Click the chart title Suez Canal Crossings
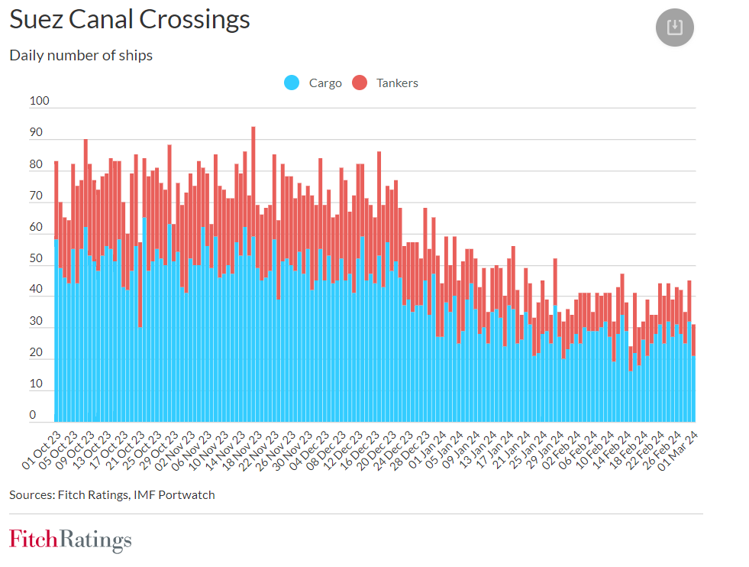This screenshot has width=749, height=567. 130,20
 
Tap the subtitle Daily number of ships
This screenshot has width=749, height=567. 81,56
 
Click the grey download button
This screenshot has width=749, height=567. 674,28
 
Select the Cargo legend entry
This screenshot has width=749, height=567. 314,83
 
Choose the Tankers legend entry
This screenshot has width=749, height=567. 386,83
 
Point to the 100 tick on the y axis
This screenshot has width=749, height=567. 39,101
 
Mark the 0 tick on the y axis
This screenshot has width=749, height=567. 33,415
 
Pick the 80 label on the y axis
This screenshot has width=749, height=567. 36,164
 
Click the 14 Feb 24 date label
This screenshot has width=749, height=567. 611,451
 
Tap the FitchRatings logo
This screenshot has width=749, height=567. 70,539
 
